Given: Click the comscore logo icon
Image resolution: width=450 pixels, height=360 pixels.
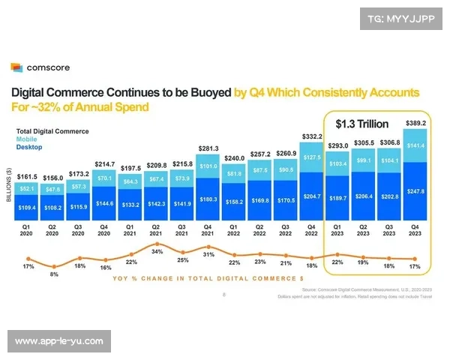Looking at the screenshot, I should coord(16,68).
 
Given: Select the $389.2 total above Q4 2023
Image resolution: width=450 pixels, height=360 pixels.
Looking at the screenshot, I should coord(416,122).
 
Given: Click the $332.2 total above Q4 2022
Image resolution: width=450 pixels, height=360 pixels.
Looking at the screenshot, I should coord(312,136).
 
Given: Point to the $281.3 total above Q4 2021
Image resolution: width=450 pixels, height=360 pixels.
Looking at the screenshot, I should coord(210,148).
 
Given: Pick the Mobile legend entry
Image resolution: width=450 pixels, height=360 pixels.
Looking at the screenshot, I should coord(27,139).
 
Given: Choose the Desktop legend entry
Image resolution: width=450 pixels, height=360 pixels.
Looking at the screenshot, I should coord(29,147).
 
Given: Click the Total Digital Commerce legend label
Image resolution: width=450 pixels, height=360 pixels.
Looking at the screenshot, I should coord(52,131).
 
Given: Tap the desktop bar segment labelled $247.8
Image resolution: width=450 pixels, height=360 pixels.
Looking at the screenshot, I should coord(416,191).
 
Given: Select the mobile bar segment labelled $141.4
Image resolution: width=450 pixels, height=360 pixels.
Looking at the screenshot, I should coord(416,145).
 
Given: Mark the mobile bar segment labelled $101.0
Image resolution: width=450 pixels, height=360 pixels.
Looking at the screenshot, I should coord(210,166).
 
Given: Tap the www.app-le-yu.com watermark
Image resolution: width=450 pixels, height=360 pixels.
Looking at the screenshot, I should coord(59,341).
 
